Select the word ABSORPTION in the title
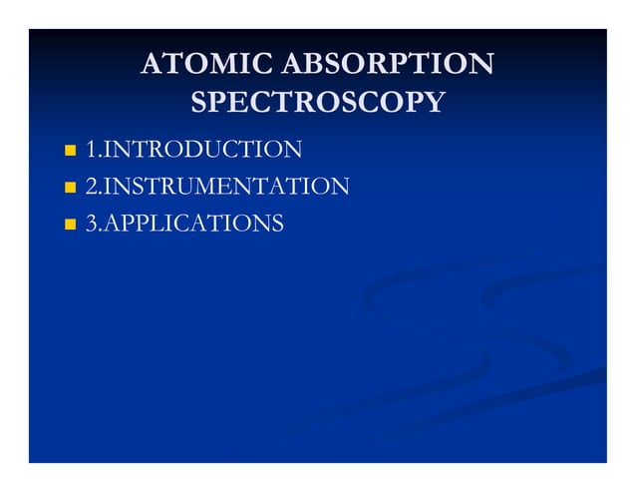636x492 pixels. (x=389, y=65)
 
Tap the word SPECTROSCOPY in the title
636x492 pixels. (x=317, y=102)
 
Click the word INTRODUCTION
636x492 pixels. (x=202, y=150)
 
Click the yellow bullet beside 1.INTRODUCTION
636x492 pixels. (x=70, y=151)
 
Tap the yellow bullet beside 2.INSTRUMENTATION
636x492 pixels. (x=70, y=188)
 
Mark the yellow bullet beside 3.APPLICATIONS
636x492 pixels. (x=70, y=224)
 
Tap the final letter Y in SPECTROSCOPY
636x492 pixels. (x=434, y=102)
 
